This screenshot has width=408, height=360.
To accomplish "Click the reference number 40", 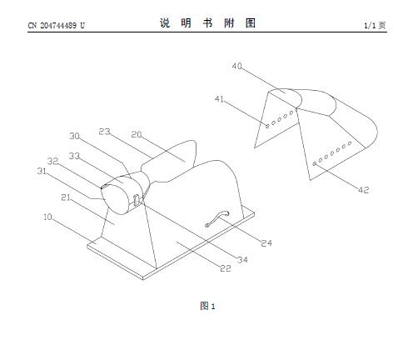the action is point(237,66).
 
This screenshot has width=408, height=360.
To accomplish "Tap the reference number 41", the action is point(219,99).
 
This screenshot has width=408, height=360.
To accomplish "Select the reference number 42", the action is point(364,190).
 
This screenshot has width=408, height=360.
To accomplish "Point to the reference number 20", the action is point(137,134).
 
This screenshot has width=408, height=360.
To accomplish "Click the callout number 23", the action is point(104,132).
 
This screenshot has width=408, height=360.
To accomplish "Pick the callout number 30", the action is point(74,136).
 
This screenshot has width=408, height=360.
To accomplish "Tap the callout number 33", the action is point(74,156).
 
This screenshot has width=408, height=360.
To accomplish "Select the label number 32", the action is point(52,161).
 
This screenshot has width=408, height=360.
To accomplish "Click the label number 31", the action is point(42,171).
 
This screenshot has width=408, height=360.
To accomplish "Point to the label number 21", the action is point(66,197).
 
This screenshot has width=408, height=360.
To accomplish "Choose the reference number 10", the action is point(47,217).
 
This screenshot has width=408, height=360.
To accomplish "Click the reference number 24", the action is point(266,243).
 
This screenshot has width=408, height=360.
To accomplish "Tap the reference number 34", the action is point(242,260).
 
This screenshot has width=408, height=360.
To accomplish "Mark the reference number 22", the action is point(226,268).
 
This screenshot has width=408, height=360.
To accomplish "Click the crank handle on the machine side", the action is point(217,218).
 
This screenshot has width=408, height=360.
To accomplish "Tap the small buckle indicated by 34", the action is point(136,200).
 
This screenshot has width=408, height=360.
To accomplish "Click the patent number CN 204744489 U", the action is point(57,26).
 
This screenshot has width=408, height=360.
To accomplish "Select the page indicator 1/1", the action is point(370,26).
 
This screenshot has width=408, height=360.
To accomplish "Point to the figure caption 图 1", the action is point(207,306).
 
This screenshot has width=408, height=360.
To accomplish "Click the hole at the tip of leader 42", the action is point(315,164).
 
